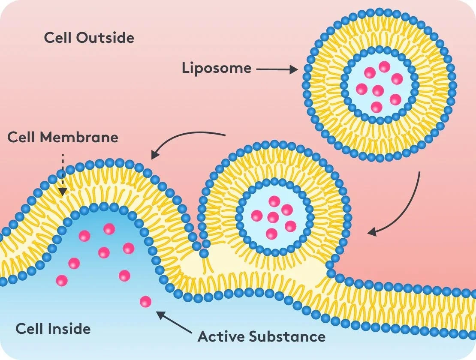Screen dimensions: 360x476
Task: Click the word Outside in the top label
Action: pos(105,38)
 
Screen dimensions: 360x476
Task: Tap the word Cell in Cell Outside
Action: pos(58,38)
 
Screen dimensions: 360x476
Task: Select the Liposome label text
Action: pos(217,69)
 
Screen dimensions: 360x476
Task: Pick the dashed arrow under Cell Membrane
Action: pos(63,174)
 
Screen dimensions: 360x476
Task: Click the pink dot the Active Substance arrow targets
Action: pos(146,302)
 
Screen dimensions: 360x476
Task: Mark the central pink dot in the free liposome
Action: pos(378,90)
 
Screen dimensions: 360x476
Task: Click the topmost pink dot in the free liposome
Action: pos(384,66)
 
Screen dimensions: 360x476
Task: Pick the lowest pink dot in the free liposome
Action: pos(377,107)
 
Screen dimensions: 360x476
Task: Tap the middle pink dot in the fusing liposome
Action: pos(273,217)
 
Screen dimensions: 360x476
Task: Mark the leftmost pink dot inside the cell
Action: pos(62,281)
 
